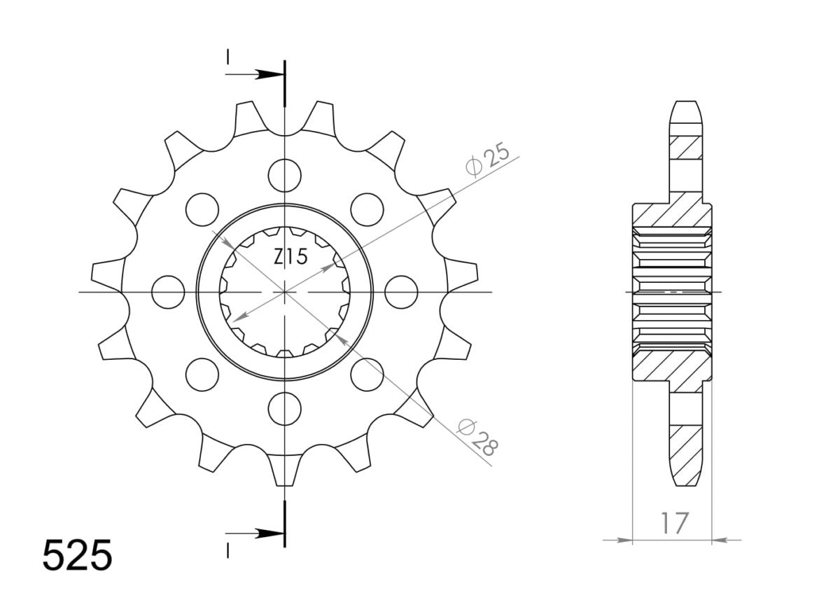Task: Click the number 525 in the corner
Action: coord(77,556)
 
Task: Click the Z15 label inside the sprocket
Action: coord(290,258)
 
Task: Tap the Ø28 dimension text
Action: coord(478,438)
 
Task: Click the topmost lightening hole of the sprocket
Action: coord(284,174)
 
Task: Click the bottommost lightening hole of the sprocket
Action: coord(284,408)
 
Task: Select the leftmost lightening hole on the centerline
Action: coord(167,291)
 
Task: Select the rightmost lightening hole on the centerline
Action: coord(402,291)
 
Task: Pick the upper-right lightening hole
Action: coord(367,208)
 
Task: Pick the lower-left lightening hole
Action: coord(202,374)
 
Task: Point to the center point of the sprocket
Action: coord(284,291)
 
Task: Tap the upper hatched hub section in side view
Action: coord(672,215)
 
